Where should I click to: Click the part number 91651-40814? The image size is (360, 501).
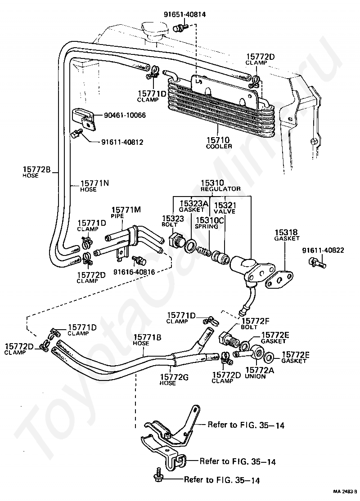tap(185, 14)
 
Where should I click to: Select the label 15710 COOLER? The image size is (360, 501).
tap(219, 143)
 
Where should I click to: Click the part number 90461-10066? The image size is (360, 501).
tap(125, 115)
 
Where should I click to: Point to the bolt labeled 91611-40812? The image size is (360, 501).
tap(76, 134)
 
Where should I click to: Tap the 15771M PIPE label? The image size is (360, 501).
tap(126, 212)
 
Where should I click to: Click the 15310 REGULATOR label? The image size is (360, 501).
tap(220, 185)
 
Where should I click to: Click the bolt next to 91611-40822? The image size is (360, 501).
tap(316, 263)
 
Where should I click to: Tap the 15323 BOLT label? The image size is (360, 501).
tap(173, 221)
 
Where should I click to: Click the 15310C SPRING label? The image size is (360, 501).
tap(209, 223)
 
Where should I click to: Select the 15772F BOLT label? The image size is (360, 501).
tap(255, 323)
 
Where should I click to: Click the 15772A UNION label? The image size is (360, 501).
tap(259, 373)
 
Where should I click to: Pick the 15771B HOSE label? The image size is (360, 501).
tap(147, 340)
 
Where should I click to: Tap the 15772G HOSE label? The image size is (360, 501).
tap(174, 380)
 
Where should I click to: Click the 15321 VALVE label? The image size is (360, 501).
tap(225, 208)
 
